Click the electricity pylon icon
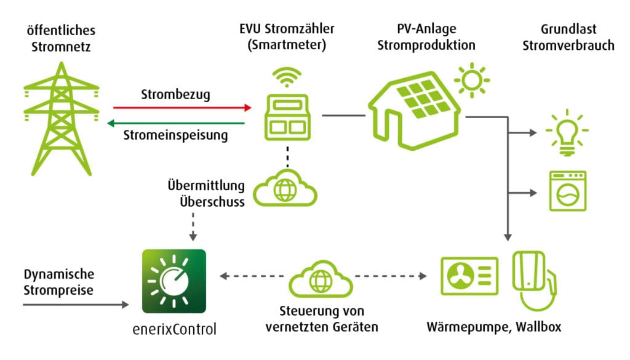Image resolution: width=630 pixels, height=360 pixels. tap(61, 117)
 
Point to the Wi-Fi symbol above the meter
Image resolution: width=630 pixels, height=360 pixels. tap(287, 76)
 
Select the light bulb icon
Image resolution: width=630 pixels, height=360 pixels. tap(567, 133)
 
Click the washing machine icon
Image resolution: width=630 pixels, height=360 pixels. tap(567, 191)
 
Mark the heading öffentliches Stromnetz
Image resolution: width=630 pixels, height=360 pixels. tap(61, 38)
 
